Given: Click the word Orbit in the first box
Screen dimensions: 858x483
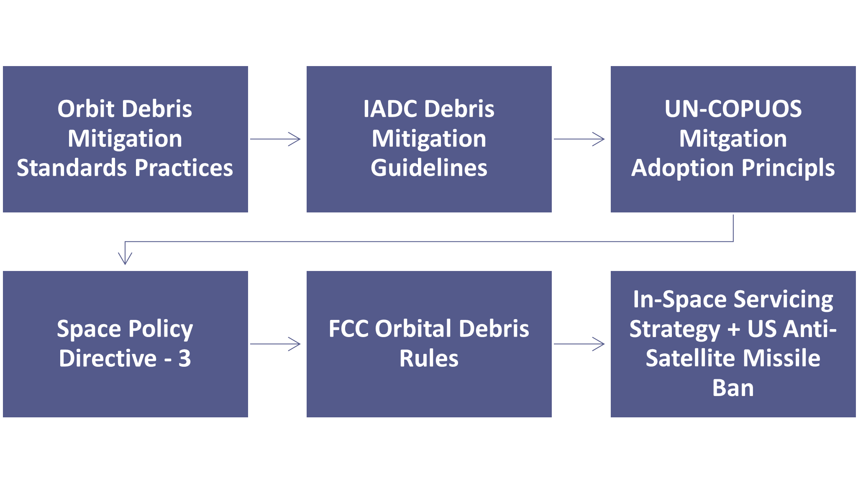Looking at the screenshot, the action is click(x=86, y=109).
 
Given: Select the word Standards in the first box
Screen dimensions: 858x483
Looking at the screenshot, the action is click(x=72, y=168).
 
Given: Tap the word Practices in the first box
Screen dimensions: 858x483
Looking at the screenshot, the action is click(x=184, y=168).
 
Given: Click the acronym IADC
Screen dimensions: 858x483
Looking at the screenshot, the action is click(x=390, y=109).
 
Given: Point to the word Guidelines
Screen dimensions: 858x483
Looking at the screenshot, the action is click(x=429, y=168).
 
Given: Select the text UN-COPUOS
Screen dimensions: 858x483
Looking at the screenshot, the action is click(x=733, y=109).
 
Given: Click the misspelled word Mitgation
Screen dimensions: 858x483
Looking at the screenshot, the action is click(x=733, y=139).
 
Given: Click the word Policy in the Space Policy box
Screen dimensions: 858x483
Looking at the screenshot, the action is click(x=161, y=330).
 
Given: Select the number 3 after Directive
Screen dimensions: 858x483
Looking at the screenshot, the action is click(x=184, y=358).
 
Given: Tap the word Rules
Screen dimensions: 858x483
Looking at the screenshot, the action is click(x=429, y=358).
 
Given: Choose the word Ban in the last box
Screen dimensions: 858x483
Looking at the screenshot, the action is click(x=733, y=388).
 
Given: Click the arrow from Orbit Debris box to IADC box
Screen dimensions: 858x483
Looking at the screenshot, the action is click(x=275, y=139).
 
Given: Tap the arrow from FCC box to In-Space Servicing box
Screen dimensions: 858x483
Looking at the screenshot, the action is click(x=579, y=344).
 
